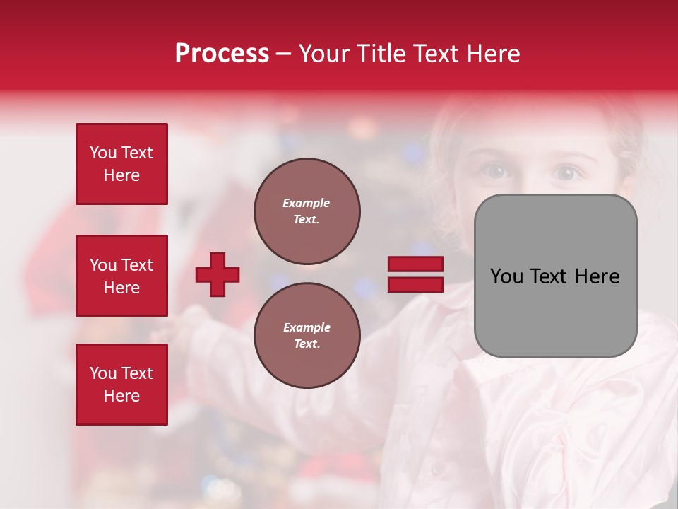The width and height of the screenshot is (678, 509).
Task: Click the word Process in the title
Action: click(222, 54)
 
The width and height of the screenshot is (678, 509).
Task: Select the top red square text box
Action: click(121, 164)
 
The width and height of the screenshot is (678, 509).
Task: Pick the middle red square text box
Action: click(121, 276)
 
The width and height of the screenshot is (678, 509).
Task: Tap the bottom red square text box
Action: click(121, 385)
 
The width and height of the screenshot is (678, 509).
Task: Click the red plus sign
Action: click(218, 274)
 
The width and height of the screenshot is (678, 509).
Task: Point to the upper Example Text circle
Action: click(307, 211)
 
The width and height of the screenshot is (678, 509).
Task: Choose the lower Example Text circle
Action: click(307, 336)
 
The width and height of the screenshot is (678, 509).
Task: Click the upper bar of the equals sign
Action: click(415, 264)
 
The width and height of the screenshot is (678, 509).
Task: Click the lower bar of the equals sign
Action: click(415, 285)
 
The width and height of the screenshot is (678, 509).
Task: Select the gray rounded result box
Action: click(555, 276)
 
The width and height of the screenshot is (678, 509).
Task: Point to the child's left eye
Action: click(567, 172)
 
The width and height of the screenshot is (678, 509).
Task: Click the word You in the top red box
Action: click(102, 153)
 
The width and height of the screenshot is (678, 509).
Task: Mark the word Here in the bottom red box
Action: click(121, 396)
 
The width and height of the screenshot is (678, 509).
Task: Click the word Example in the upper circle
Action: click(307, 203)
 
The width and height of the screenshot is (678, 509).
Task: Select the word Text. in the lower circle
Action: click(307, 344)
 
